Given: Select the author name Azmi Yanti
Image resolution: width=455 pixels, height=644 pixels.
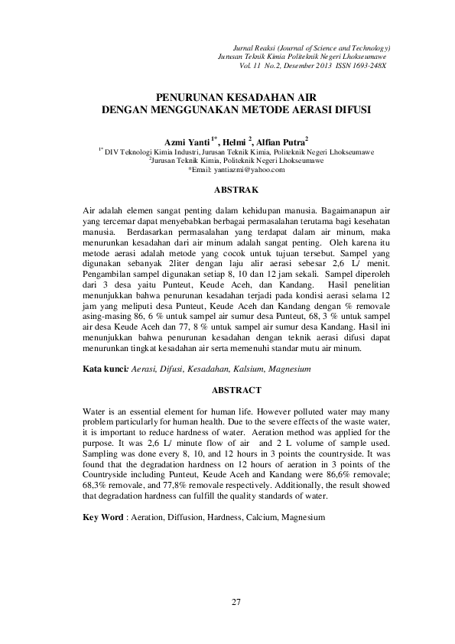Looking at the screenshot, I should [x=188, y=141].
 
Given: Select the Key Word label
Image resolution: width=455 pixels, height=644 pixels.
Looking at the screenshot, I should [x=102, y=518].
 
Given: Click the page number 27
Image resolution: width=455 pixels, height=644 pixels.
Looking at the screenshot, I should [x=236, y=603].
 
